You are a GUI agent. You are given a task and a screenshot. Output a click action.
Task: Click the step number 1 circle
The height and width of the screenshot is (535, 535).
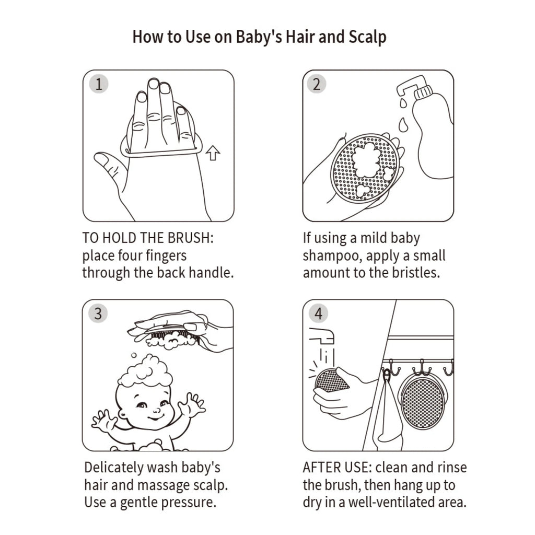[x=99, y=84]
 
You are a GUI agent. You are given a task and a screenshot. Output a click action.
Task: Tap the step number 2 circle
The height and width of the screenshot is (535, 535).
[x=316, y=84]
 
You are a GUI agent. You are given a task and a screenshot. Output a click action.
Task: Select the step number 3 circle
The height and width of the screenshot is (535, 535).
[x=98, y=313]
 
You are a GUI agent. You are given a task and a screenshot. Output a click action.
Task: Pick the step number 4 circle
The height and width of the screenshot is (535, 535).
[x=318, y=313]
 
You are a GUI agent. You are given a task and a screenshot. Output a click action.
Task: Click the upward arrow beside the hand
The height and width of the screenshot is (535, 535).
[x=213, y=153]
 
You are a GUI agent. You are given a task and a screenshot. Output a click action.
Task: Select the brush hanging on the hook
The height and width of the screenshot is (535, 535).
[x=422, y=403]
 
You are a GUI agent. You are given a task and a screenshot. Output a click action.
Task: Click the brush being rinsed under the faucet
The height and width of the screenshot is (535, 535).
[x=330, y=380]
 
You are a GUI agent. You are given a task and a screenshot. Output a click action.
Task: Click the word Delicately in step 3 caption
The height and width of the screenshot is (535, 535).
[x=113, y=468]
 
